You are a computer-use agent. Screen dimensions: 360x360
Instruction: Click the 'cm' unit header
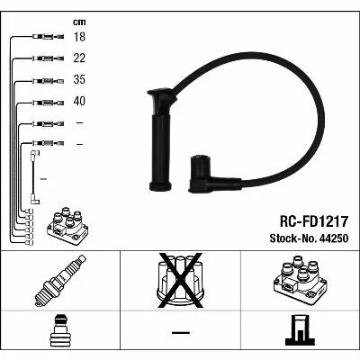point(79,22)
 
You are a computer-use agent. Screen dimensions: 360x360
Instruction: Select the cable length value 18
point(79,37)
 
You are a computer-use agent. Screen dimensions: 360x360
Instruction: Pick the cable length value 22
point(79,58)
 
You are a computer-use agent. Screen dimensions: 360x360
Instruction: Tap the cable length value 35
point(79,79)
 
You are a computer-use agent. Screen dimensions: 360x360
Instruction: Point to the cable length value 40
point(79,101)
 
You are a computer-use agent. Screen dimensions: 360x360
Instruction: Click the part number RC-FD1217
point(314,221)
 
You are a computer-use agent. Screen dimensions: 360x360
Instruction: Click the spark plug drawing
point(60,281)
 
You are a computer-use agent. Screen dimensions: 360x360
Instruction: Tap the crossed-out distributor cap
point(180,280)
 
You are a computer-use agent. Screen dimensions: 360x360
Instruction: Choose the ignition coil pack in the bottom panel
point(300,280)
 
